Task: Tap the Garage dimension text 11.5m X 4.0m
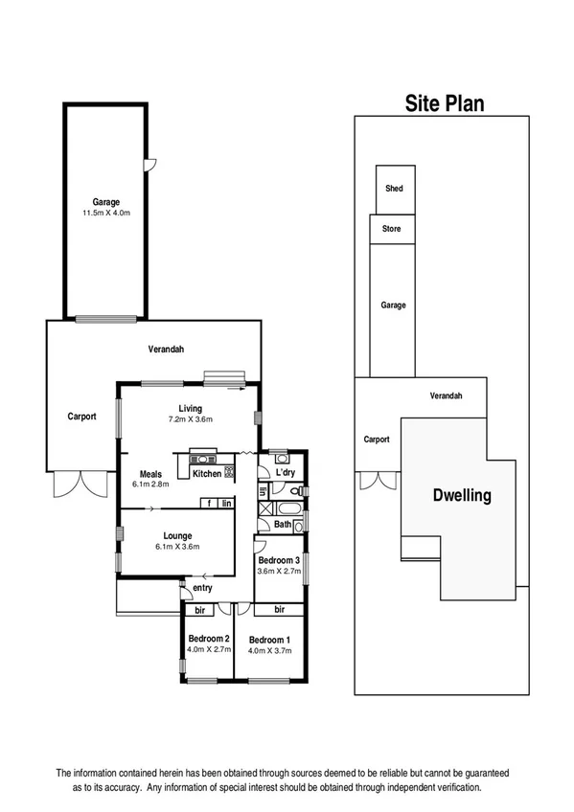(105, 214)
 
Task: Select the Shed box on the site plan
(394, 189)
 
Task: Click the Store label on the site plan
(392, 229)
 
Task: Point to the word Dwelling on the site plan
(461, 496)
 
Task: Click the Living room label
(189, 409)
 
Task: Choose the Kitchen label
(207, 473)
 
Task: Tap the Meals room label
(150, 473)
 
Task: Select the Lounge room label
(177, 535)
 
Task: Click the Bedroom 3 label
(279, 559)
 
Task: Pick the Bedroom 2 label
(208, 639)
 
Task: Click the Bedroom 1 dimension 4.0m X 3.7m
(269, 651)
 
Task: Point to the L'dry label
(285, 473)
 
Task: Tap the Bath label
(282, 524)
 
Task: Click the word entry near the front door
(202, 587)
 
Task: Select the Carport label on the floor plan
(81, 417)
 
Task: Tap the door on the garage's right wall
(147, 166)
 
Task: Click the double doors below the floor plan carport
(75, 484)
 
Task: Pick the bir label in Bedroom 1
(280, 609)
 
